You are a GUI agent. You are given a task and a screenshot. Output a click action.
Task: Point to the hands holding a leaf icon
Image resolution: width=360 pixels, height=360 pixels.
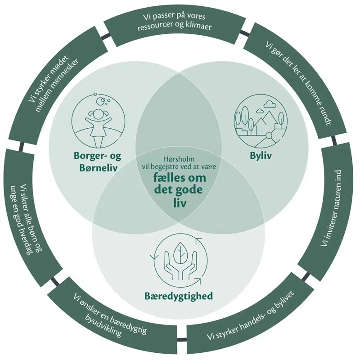[x=178, y=263]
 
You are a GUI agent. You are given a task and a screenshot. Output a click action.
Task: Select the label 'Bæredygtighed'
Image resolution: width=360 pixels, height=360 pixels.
[x=178, y=296]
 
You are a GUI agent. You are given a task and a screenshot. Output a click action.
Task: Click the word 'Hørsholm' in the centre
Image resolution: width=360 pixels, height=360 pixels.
[x=179, y=158]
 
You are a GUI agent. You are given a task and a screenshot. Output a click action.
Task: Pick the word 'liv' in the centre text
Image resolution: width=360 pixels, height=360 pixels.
[x=179, y=202]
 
